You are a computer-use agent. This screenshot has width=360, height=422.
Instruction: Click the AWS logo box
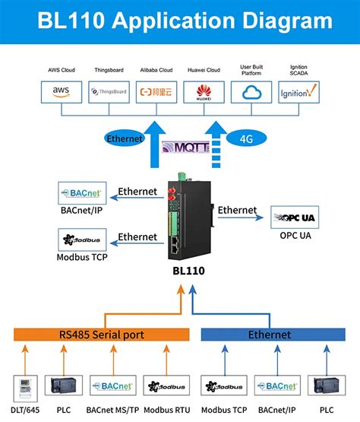pos(62,93)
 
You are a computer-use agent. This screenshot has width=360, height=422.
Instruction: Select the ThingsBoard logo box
pos(109,93)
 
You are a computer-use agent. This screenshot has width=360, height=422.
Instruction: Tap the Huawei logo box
pos(204,93)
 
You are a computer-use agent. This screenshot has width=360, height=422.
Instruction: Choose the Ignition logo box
pos(297,93)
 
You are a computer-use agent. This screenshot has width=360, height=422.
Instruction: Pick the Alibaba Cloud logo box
pos(156,93)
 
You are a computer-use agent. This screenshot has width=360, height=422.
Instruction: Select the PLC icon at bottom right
pos(327,386)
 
